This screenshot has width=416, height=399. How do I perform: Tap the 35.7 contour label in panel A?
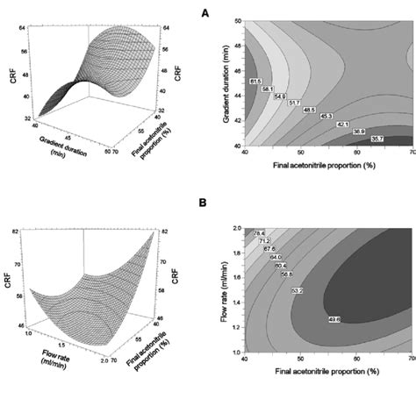[x=377, y=139]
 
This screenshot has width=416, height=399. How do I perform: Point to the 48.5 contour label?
[x=311, y=110]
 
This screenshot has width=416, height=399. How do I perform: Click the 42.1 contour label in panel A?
[x=344, y=125]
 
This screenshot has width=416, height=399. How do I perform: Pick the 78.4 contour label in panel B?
[x=259, y=233]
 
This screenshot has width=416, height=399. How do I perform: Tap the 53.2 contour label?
[x=298, y=290]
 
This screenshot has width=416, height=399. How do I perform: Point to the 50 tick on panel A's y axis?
[x=236, y=19]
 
